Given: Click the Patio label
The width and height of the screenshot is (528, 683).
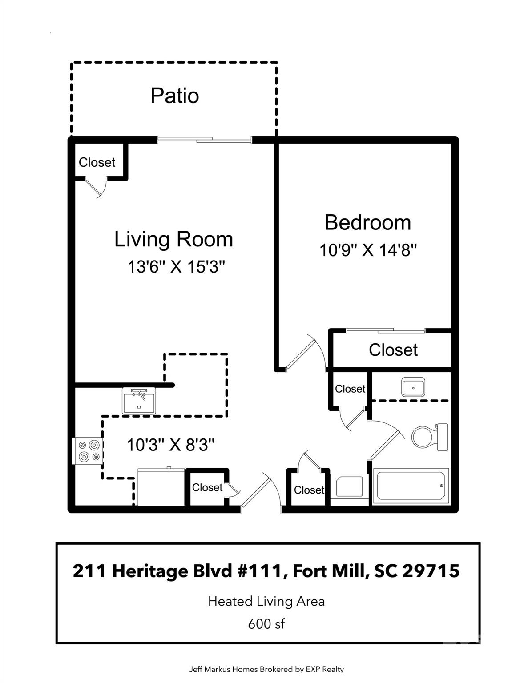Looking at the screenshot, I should pyautogui.click(x=174, y=96).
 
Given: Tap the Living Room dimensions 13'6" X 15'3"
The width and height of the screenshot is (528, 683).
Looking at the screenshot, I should pyautogui.click(x=176, y=267).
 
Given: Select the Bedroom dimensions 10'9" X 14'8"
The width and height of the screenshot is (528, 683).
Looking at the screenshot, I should pyautogui.click(x=367, y=250).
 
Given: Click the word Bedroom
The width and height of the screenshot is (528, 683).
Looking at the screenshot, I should pyautogui.click(x=367, y=222).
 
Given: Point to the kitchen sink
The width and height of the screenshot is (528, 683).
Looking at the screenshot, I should pyautogui.click(x=139, y=401).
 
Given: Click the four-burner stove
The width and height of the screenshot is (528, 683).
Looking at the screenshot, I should pyautogui.click(x=88, y=451).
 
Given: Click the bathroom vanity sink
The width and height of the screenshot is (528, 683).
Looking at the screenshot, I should pyautogui.click(x=413, y=387).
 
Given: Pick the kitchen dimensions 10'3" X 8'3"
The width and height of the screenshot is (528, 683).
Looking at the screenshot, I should pyautogui.click(x=171, y=445).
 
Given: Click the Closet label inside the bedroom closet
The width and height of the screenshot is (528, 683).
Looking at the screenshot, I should pyautogui.click(x=393, y=350).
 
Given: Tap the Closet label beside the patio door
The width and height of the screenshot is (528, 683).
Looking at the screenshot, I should pyautogui.click(x=97, y=162).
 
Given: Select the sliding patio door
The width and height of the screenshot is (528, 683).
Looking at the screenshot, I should pyautogui.click(x=205, y=140).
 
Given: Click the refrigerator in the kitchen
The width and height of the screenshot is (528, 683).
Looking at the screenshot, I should pyautogui.click(x=161, y=487).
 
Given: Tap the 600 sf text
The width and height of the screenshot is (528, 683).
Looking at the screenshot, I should pyautogui.click(x=266, y=624).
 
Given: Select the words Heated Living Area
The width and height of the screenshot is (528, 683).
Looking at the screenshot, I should pyautogui.click(x=266, y=602).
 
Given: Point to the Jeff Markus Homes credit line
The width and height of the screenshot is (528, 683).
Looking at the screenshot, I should pyautogui.click(x=266, y=669).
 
